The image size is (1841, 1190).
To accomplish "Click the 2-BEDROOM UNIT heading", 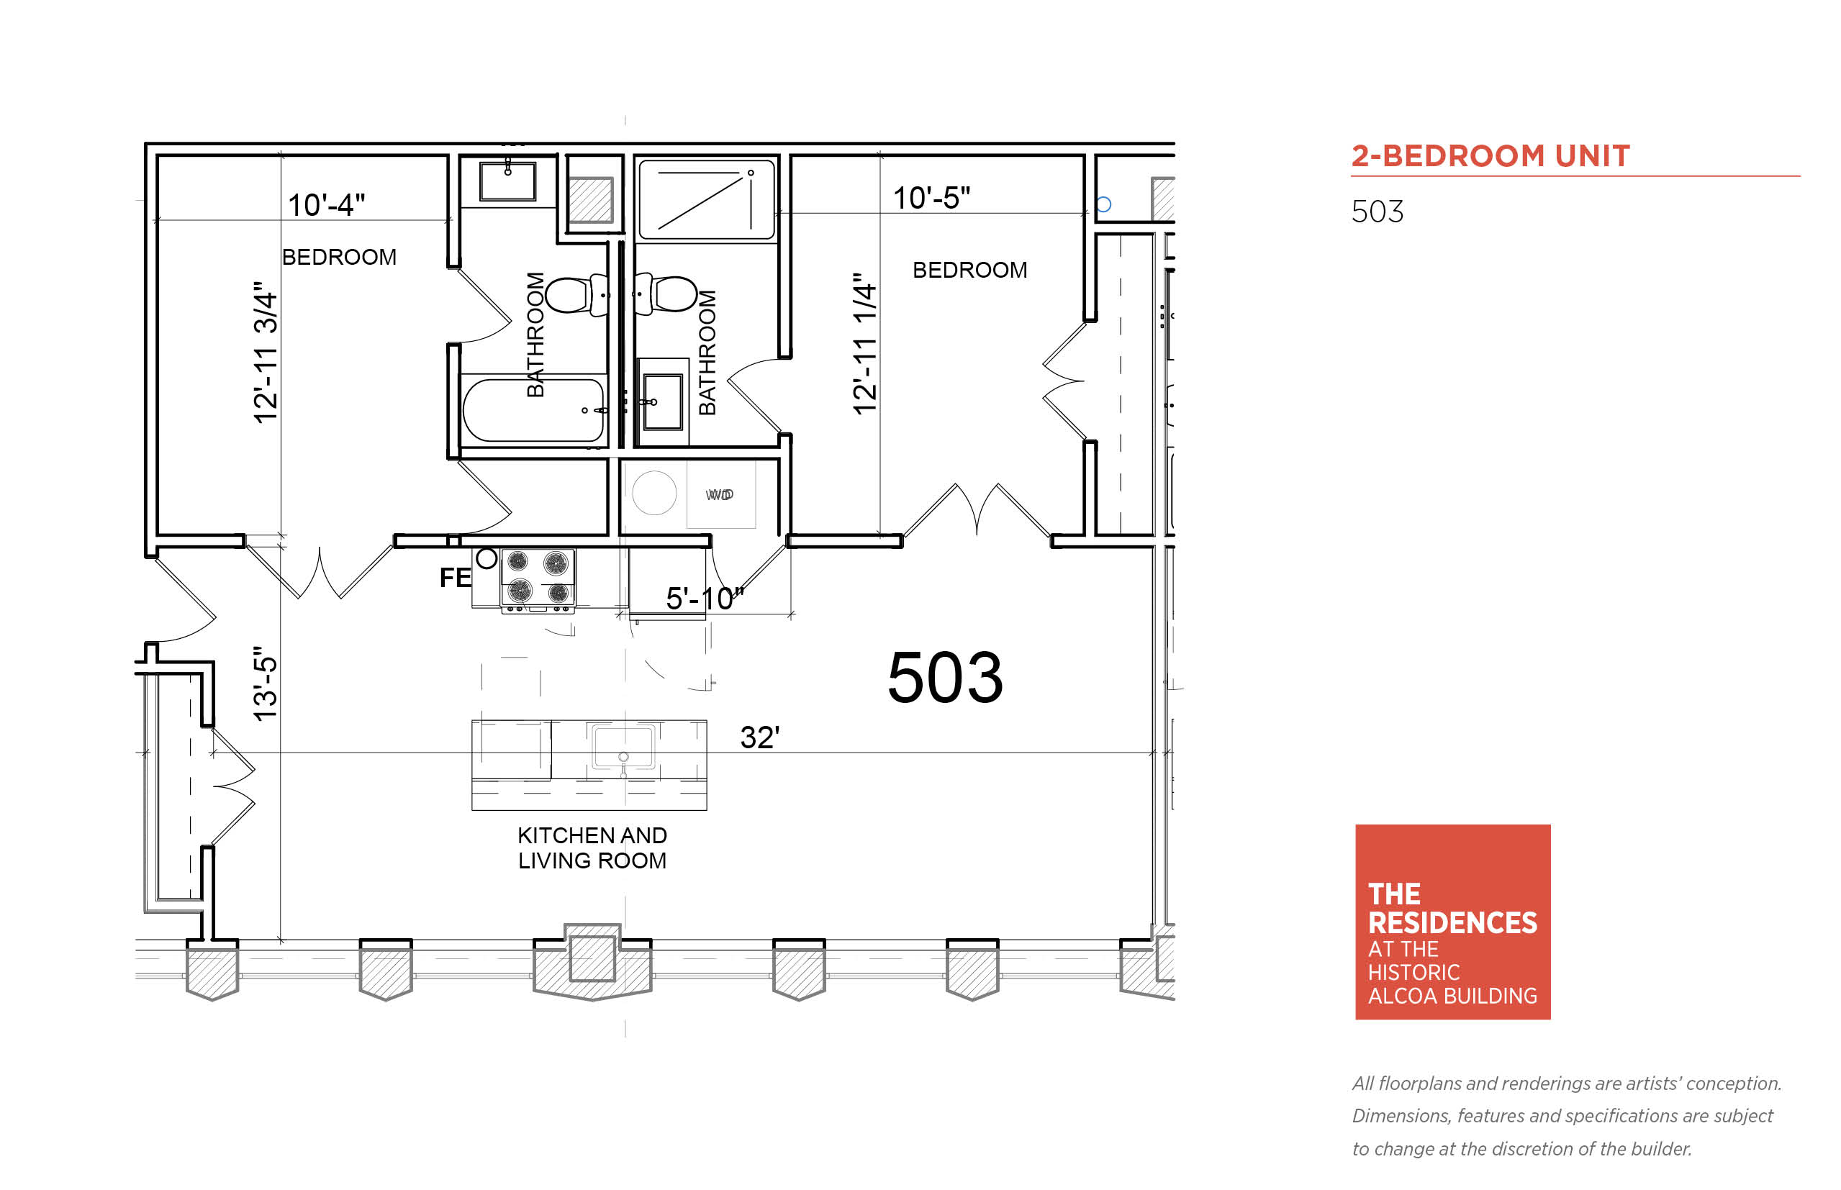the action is tap(1490, 156).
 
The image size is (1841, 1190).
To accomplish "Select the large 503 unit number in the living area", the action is tap(944, 678).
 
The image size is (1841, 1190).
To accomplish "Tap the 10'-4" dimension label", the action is tap(326, 205).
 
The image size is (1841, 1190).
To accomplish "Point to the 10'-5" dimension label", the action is tap(931, 198).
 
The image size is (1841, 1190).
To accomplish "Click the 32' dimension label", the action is tap(760, 737).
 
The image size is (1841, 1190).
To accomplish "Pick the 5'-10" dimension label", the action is tap(704, 598).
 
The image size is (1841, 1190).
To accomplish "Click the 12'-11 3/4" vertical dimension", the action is tap(265, 353).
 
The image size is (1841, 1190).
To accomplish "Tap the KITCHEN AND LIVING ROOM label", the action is tap(592, 848).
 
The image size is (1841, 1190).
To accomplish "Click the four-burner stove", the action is tap(538, 581).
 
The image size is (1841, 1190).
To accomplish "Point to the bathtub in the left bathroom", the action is tap(533, 409).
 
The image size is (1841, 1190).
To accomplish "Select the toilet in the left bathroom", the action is tap(576, 294).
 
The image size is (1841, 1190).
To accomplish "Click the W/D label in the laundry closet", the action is tap(719, 494).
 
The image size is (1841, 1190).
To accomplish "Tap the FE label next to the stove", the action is tap(456, 577).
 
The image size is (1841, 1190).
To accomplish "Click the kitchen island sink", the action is tap(623, 747).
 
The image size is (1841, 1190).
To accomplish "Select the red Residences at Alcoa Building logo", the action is tap(1452, 922).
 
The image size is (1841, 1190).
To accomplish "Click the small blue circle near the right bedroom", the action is tap(1104, 205).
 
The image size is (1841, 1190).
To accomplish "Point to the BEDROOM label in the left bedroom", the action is tap(339, 257).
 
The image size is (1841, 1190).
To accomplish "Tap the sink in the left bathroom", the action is tap(508, 181).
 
